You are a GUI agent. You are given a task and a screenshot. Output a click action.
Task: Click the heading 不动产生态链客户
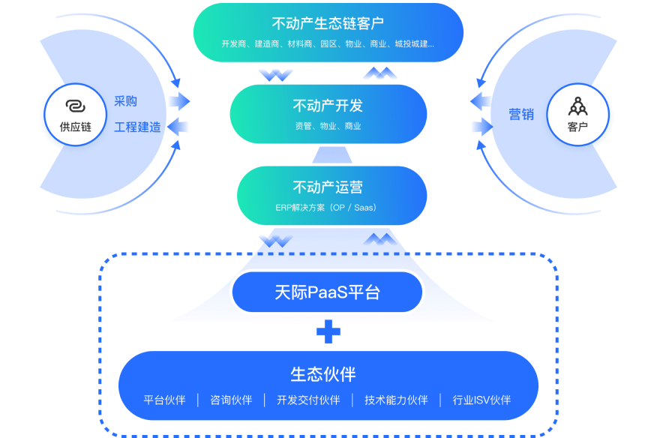(328, 22)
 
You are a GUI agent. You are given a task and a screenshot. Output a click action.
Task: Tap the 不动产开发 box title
(328, 106)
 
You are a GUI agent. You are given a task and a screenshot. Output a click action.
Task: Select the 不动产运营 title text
(328, 187)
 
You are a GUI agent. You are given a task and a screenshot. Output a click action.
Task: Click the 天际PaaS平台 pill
(327, 292)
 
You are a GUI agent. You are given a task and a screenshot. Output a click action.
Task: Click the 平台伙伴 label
(164, 400)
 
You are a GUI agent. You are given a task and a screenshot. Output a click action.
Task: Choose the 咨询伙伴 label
(231, 400)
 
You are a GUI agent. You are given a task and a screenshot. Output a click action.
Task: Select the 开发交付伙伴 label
(308, 400)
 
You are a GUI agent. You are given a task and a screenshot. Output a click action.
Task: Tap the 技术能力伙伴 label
(396, 400)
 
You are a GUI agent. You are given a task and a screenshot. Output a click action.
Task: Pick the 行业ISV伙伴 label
(481, 400)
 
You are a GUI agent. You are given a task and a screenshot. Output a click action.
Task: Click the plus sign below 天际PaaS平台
(328, 331)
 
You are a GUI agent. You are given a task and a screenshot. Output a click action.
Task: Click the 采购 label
(125, 101)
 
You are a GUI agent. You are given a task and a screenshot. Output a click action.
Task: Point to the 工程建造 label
(137, 127)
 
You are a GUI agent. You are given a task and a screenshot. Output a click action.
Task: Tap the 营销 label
(521, 114)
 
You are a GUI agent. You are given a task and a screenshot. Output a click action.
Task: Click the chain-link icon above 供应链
(75, 106)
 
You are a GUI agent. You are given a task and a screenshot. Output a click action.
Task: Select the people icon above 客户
(577, 106)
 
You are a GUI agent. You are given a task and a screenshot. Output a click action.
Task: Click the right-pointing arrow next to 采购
(178, 101)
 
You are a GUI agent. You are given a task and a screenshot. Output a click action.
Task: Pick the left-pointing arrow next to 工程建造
(178, 127)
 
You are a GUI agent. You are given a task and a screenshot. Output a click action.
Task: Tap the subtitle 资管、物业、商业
(328, 126)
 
